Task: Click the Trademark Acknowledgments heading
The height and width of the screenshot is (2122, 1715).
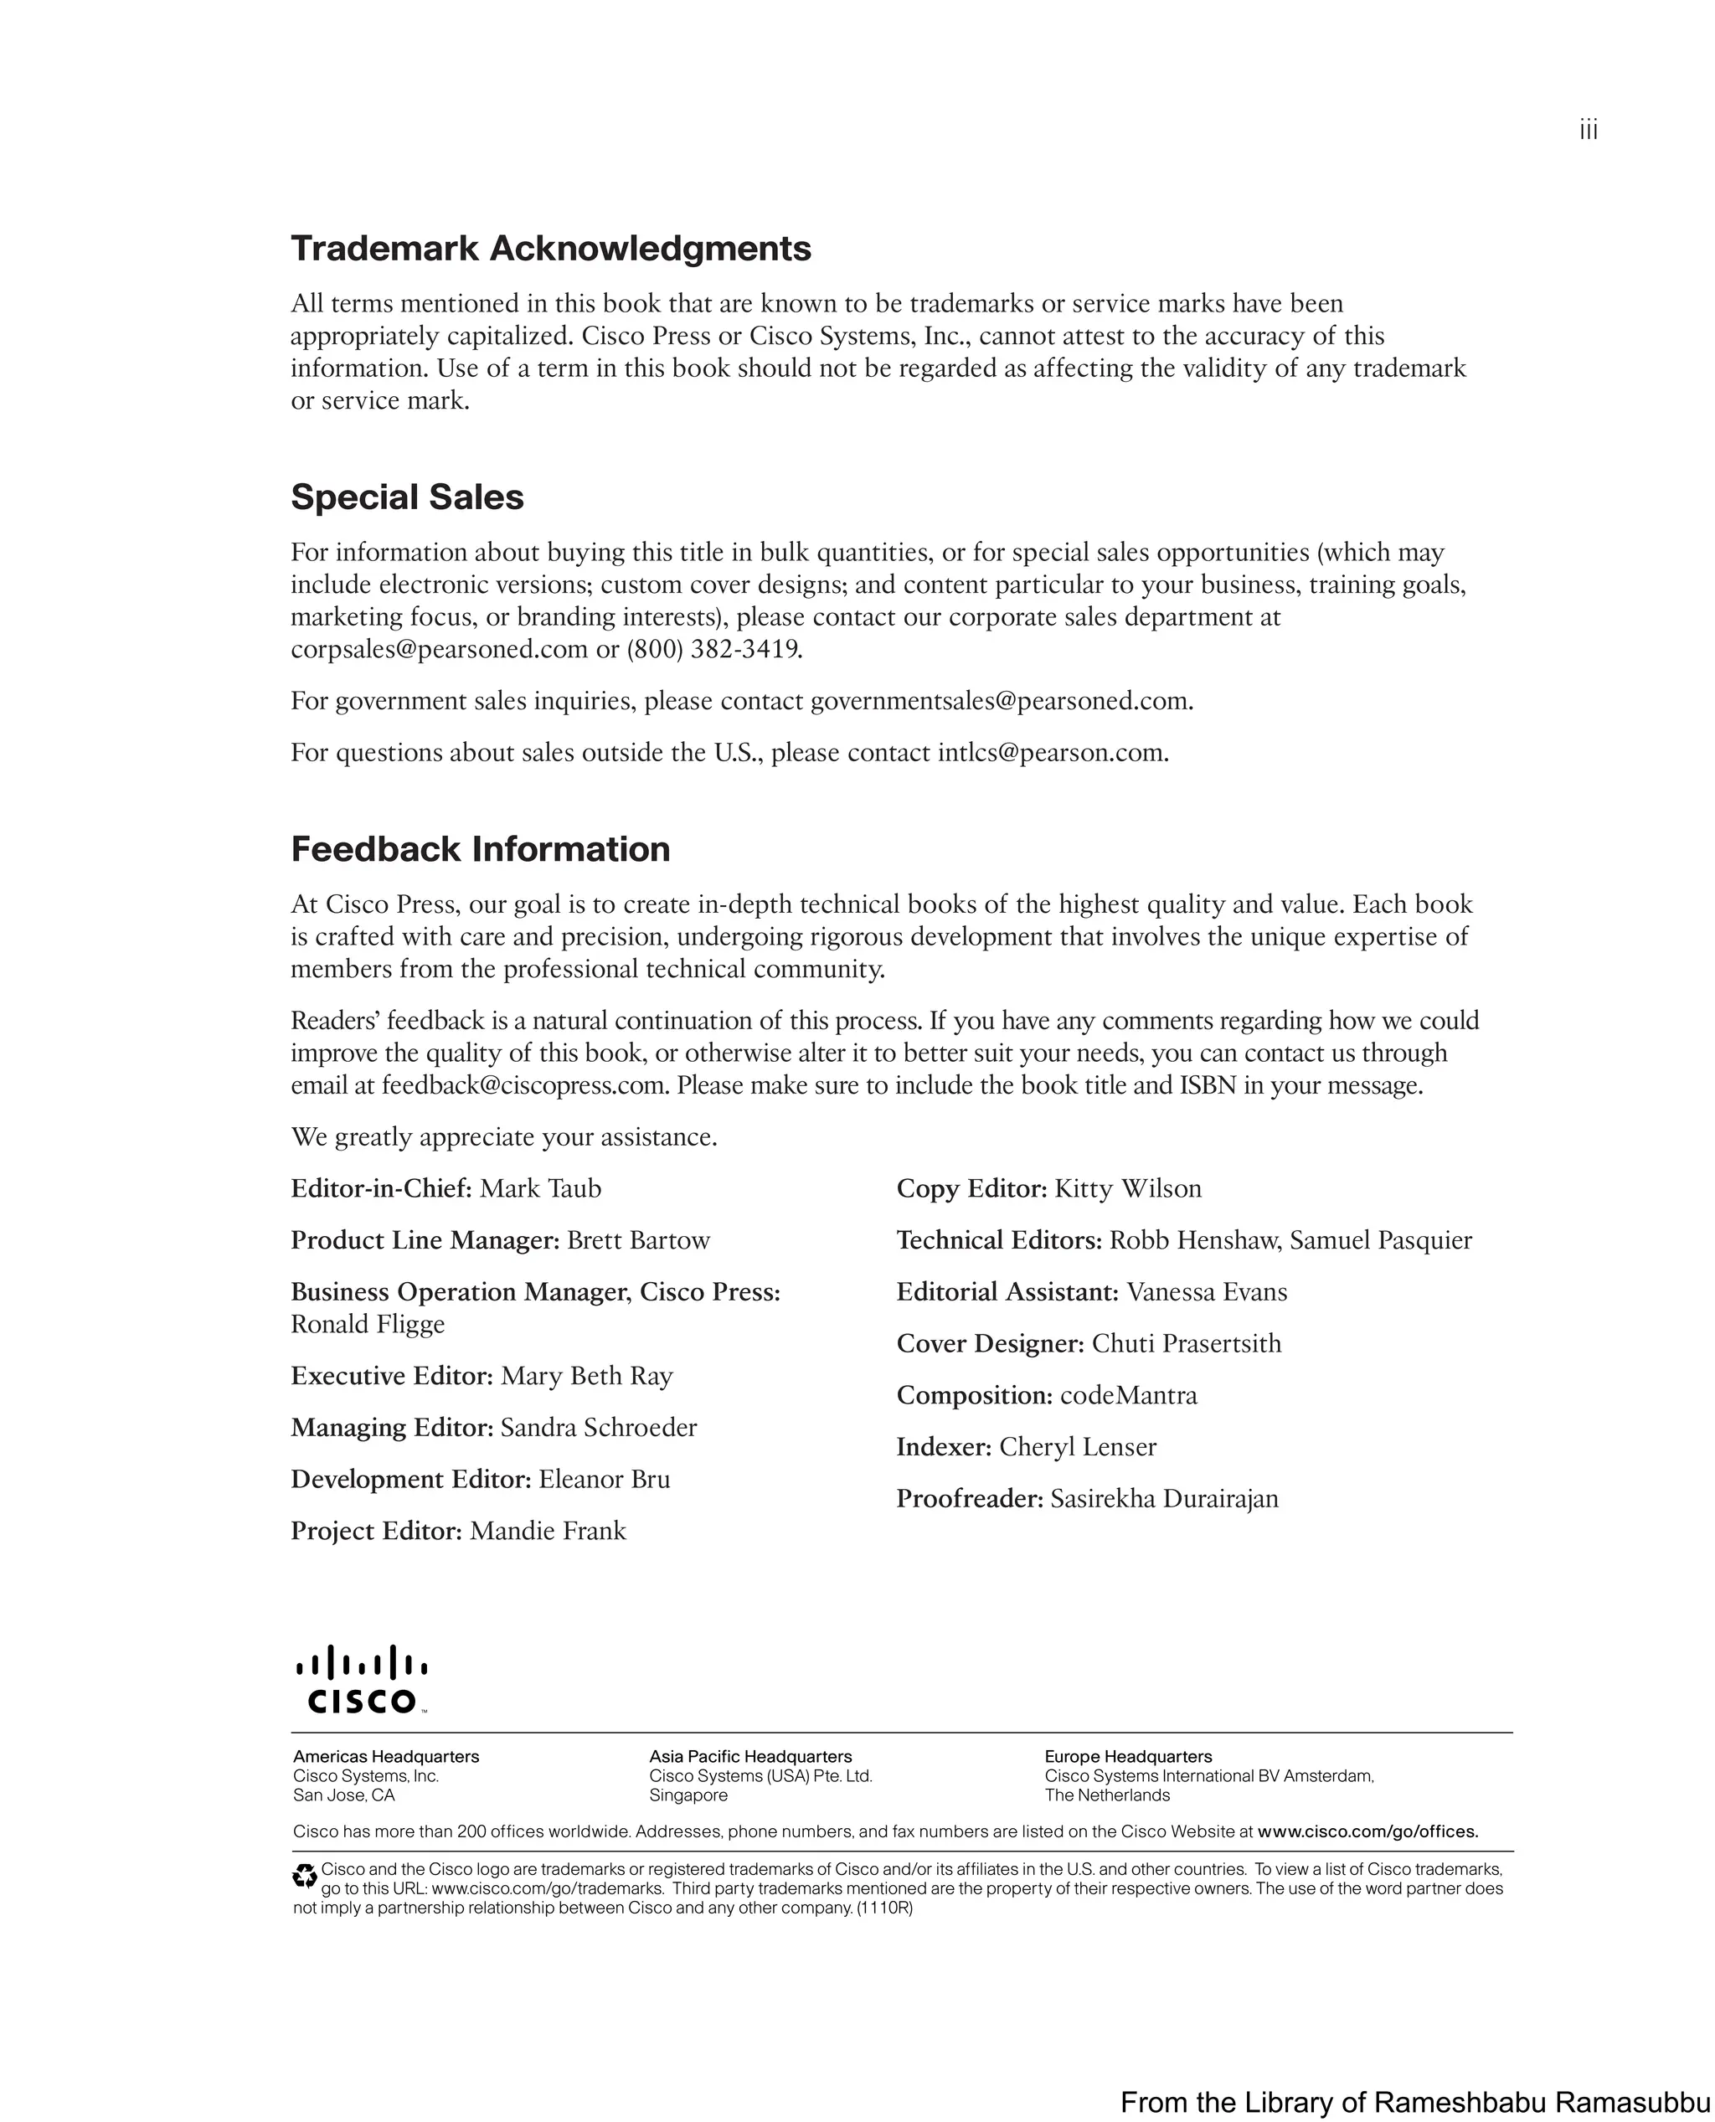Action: click(x=550, y=249)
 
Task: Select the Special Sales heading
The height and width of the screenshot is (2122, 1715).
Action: click(x=407, y=497)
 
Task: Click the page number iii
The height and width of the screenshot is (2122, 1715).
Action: click(x=1588, y=131)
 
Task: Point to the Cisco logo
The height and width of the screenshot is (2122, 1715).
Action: click(x=362, y=1679)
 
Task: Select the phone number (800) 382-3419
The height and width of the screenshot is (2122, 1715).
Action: click(x=714, y=650)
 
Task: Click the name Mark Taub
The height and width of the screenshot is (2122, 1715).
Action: click(x=540, y=1188)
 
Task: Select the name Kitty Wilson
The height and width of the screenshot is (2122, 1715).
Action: click(x=1127, y=1188)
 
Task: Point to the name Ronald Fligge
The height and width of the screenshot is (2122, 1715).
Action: click(x=368, y=1325)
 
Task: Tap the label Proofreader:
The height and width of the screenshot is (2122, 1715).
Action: click(x=969, y=1499)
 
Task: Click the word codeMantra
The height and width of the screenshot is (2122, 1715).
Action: click(x=1128, y=1396)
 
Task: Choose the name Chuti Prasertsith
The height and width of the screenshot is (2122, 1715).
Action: click(x=1186, y=1343)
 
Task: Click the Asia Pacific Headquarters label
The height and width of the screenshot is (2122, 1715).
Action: click(x=749, y=1757)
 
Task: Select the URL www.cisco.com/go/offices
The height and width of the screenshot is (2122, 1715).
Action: click(x=1367, y=1831)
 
